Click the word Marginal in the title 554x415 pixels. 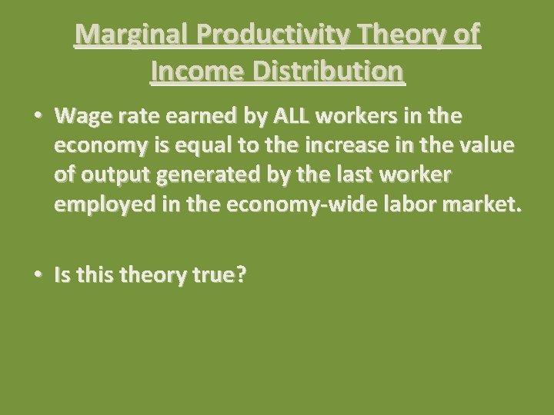pyautogui.click(x=135, y=35)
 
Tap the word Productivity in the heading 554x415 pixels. pyautogui.click(x=279, y=35)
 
